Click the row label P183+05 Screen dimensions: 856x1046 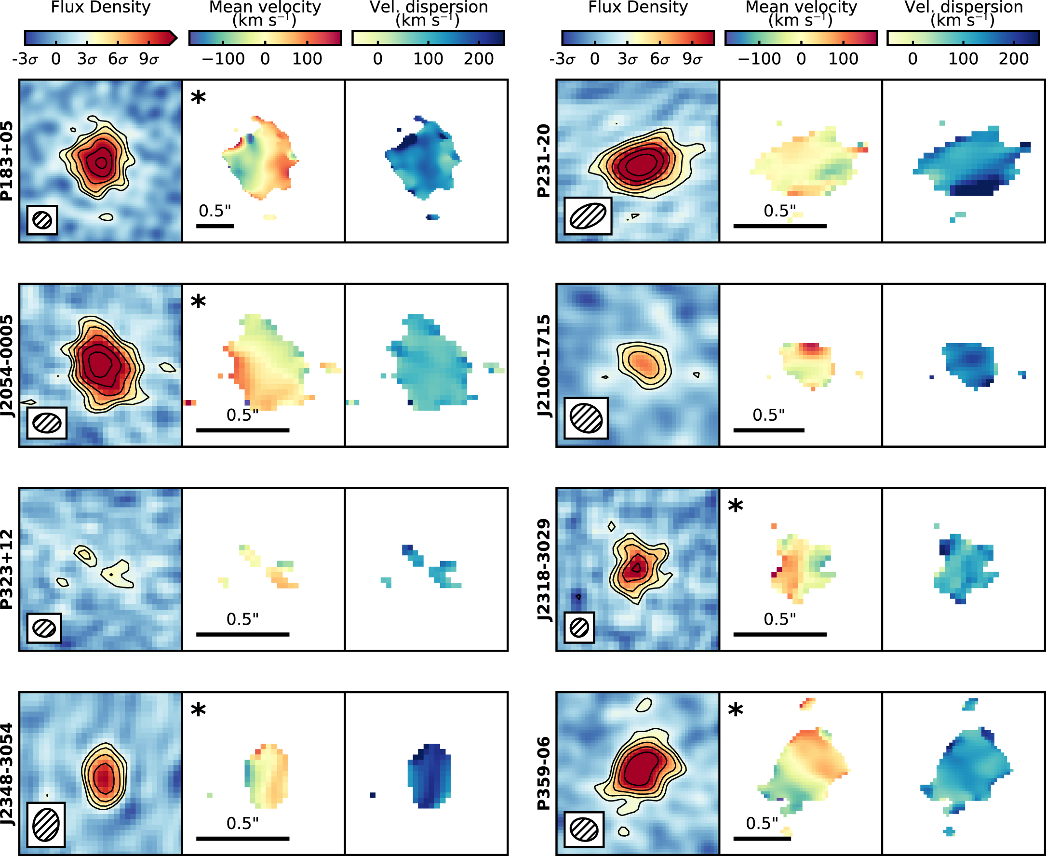click(7, 161)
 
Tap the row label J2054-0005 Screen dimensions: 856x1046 click(7, 365)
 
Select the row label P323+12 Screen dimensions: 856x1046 click(7, 569)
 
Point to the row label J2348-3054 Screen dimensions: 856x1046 click(7, 774)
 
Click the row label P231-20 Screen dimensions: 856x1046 click(543, 161)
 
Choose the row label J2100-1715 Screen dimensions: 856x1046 click(543, 365)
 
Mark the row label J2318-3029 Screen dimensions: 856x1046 click(543, 569)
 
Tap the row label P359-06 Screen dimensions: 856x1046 click(543, 774)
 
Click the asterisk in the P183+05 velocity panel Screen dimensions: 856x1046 click(198, 98)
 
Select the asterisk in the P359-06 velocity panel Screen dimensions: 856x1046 click(735, 710)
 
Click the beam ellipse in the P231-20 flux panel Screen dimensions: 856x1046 click(588, 216)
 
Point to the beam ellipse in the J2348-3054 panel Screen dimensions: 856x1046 click(46, 825)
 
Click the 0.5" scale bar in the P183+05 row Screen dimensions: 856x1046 click(215, 226)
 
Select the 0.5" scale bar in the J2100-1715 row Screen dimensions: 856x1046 click(768, 430)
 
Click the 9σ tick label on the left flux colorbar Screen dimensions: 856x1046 click(148, 59)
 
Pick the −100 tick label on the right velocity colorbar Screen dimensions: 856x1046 click(759, 59)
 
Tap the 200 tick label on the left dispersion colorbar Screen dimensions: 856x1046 click(478, 59)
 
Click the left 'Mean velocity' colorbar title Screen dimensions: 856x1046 click(265, 7)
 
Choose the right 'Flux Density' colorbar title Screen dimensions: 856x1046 click(638, 7)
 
